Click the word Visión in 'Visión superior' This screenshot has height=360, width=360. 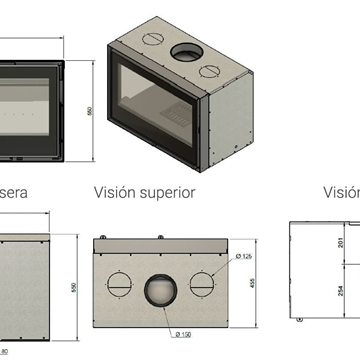click(116, 192)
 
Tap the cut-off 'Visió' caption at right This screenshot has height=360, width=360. click(340, 192)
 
